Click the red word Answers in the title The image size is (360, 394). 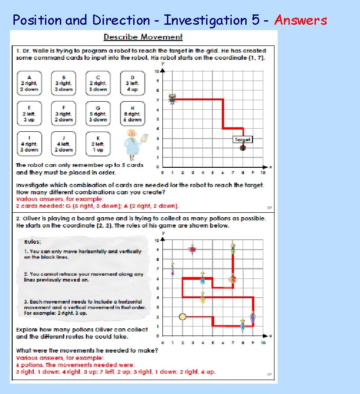[x=301, y=20]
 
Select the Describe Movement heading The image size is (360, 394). [x=143, y=37]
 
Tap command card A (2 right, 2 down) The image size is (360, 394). [x=29, y=83]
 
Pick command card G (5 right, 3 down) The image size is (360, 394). [x=98, y=113]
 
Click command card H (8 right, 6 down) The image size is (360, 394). [x=132, y=113]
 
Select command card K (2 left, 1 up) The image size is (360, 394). [x=98, y=143]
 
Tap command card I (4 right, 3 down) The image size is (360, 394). [x=29, y=143]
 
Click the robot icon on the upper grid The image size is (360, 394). [x=172, y=99]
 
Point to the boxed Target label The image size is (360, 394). [x=242, y=139]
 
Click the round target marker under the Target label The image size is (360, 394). [x=243, y=148]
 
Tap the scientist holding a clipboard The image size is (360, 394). [x=133, y=144]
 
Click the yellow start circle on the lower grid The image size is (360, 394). [x=182, y=317]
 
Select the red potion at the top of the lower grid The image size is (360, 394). [x=192, y=249]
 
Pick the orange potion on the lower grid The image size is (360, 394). [x=233, y=279]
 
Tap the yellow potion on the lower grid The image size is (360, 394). [x=202, y=298]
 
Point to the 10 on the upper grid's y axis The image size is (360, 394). [x=157, y=72]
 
